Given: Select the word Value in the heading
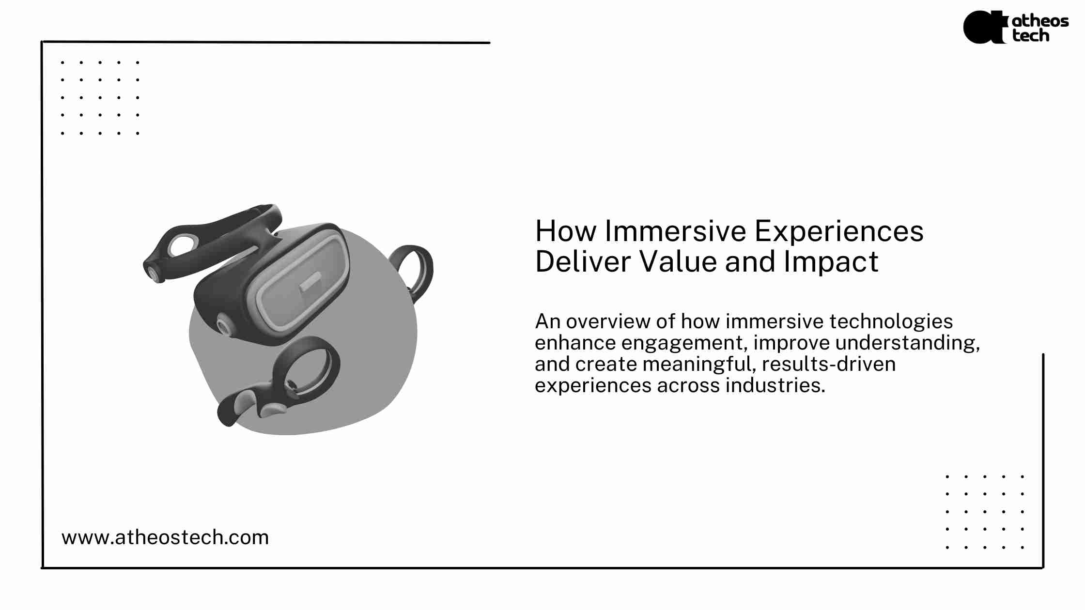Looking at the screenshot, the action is (x=678, y=261).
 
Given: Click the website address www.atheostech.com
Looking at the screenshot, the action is (x=165, y=537).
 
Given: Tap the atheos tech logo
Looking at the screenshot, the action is (x=1016, y=27).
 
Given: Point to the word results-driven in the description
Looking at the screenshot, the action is (x=829, y=364).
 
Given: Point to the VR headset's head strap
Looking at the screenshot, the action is (x=213, y=242).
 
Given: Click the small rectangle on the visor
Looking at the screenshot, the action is (x=310, y=282).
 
